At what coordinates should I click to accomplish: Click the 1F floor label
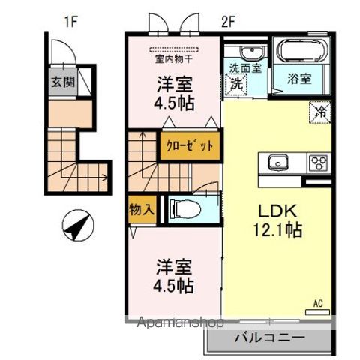tap(71, 22)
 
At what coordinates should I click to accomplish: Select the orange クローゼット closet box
tap(190, 146)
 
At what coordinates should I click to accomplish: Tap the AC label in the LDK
tap(318, 304)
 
